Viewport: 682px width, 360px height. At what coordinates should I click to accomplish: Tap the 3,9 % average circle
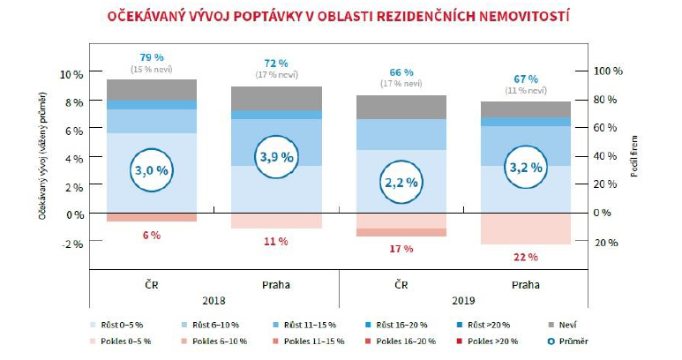(277, 156)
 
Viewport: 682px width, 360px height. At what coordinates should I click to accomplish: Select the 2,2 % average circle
(401, 182)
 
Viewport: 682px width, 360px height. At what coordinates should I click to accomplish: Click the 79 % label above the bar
(152, 56)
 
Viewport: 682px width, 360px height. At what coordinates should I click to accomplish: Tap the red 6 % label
(152, 235)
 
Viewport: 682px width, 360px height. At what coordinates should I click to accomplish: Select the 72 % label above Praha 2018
(276, 64)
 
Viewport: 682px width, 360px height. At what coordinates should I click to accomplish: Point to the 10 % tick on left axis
(72, 73)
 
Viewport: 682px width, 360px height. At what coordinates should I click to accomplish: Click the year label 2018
(214, 299)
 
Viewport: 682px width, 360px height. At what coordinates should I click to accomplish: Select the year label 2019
(464, 299)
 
